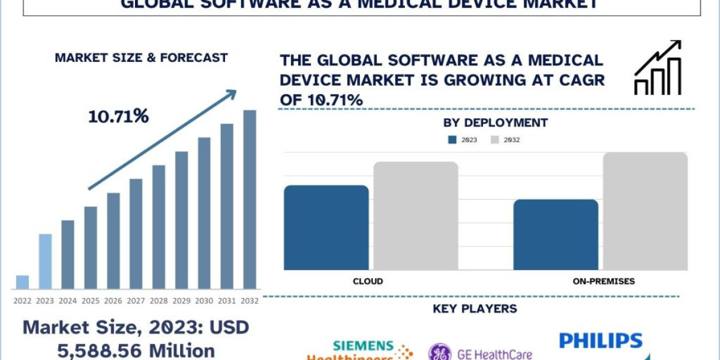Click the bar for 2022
point(22,282)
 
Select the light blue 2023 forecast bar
point(45,262)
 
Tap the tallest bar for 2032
point(249,199)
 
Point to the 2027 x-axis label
point(136,301)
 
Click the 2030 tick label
point(204,301)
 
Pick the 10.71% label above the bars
point(118,116)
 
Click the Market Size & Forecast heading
point(141,58)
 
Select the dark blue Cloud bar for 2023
point(326,227)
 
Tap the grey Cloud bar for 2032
point(416,215)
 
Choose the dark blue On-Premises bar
point(556,235)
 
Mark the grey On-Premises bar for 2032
point(645,211)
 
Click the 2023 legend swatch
point(452,140)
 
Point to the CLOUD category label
point(368,281)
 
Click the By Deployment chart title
point(495,122)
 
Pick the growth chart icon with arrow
point(658,68)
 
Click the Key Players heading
point(475,309)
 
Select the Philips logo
point(601,341)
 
